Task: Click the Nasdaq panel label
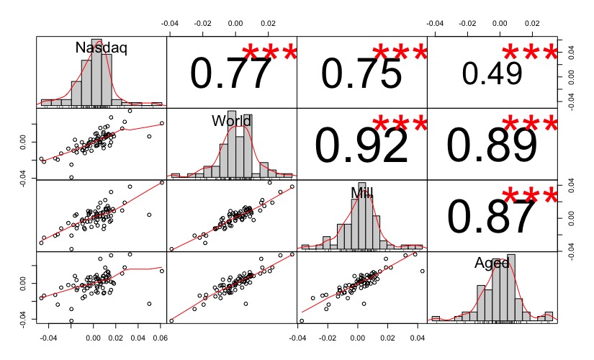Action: click(102, 48)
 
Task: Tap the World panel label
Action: click(231, 120)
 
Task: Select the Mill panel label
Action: click(362, 192)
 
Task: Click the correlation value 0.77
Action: click(231, 75)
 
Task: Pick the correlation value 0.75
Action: click(361, 75)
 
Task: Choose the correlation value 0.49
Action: click(492, 73)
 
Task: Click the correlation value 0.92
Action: click(361, 146)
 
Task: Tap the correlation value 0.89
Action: click(492, 146)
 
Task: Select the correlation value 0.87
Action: click(492, 217)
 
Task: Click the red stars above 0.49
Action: click(529, 53)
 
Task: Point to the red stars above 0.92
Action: click(400, 125)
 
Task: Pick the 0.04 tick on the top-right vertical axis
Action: click(570, 50)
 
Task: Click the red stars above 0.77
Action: click(269, 53)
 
